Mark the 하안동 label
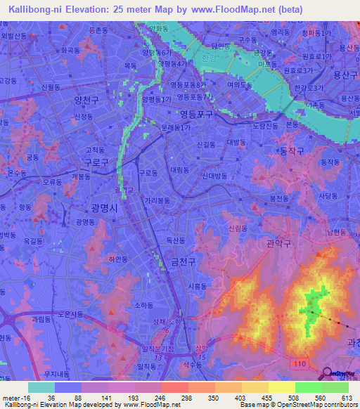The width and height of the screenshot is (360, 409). tap(118, 259)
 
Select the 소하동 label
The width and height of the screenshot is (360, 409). tap(143, 305)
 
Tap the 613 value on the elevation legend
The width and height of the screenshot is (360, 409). tap(347, 398)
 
